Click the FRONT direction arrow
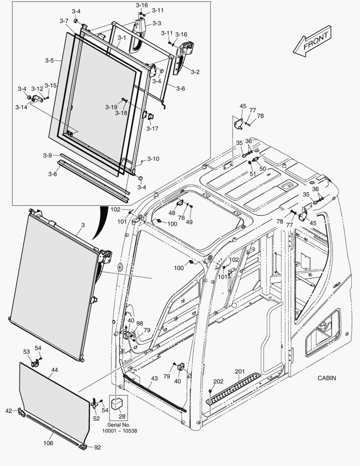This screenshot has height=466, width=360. [x=312, y=42]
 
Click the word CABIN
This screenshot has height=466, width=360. [x=327, y=378]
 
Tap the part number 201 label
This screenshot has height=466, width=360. [x=240, y=372]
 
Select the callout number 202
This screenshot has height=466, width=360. [x=219, y=381]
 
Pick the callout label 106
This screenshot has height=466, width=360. [x=48, y=443]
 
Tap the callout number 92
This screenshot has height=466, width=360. [x=97, y=447]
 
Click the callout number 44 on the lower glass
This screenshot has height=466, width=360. [x=55, y=369]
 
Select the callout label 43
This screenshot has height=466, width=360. [x=154, y=378]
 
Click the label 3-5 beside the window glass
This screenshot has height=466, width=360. [x=49, y=61]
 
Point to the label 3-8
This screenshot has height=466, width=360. [x=52, y=174]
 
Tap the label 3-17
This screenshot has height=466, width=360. [x=152, y=128]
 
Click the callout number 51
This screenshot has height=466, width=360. [x=253, y=174]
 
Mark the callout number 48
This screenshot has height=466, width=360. [x=172, y=213]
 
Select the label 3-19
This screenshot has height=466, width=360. [x=111, y=107]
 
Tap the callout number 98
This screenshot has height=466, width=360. [x=139, y=323]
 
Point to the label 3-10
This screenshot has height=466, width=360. [x=153, y=159]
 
